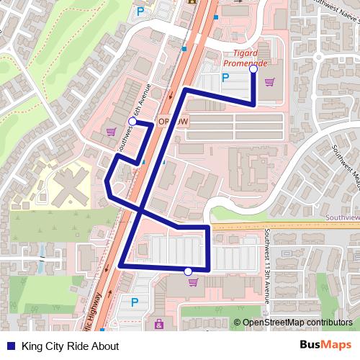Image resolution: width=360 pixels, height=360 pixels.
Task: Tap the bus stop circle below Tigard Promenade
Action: (x=253, y=70)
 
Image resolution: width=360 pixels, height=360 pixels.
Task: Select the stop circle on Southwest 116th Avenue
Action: (x=132, y=122)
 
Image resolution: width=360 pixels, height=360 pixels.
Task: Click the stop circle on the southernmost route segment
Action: (x=188, y=271)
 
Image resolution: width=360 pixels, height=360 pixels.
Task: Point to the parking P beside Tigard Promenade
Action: (x=225, y=78)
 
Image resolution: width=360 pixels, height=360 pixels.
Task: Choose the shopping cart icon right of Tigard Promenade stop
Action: (x=269, y=81)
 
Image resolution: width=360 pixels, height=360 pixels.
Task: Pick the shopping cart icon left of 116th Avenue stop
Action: (x=110, y=131)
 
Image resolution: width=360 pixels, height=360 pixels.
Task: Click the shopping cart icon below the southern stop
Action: (x=192, y=282)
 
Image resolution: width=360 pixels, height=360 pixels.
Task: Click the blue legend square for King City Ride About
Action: (x=10, y=346)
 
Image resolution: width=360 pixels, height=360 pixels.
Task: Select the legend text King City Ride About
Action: (x=70, y=346)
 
